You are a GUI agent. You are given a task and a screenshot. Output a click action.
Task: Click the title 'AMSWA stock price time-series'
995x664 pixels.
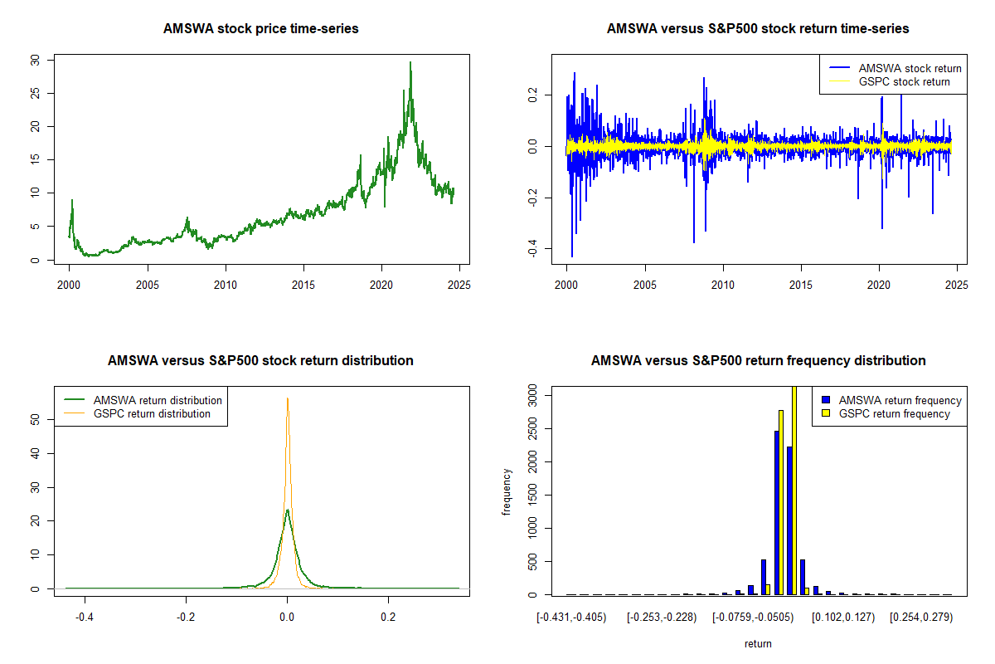tap(260, 29)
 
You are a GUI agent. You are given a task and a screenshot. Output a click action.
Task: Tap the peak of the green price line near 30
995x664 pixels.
tap(410, 63)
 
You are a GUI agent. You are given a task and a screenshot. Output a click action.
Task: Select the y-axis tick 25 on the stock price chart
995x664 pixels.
tap(34, 93)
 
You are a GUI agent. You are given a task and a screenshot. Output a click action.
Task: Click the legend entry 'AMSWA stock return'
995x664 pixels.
tap(910, 68)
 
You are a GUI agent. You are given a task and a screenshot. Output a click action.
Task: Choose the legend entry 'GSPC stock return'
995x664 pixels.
tap(904, 81)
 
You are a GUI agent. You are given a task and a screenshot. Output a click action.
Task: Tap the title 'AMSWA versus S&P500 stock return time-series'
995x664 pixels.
tap(758, 29)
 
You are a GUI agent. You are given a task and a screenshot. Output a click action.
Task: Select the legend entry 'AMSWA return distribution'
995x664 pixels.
tap(158, 400)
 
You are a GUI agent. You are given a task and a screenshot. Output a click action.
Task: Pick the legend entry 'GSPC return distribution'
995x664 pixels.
tap(152, 413)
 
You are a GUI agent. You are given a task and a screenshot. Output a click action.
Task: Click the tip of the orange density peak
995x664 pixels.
tap(288, 398)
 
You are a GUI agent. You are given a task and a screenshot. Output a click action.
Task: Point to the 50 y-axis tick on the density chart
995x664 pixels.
tap(34, 420)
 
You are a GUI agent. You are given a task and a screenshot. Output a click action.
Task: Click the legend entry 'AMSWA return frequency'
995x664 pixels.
tap(900, 400)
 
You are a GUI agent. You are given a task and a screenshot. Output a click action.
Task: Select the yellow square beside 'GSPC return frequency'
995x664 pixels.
tap(826, 413)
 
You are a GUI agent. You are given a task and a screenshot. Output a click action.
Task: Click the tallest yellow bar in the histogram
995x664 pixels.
tap(794, 490)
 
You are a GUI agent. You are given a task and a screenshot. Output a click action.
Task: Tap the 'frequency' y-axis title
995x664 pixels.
tap(507, 491)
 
